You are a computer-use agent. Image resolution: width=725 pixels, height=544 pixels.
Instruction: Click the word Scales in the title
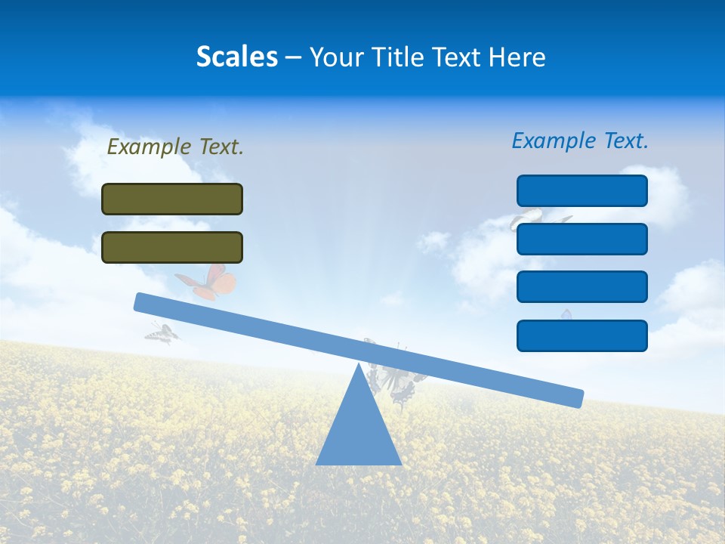pyautogui.click(x=236, y=57)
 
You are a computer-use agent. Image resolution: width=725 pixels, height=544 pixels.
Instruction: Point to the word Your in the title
pyautogui.click(x=337, y=57)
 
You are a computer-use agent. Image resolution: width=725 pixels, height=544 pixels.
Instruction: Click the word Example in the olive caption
pyautogui.click(x=149, y=147)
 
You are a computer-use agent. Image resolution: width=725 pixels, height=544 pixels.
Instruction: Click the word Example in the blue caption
pyautogui.click(x=554, y=141)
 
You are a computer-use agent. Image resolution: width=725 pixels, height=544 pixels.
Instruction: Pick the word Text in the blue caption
pyautogui.click(x=625, y=141)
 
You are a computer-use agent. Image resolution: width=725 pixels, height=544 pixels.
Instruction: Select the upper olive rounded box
pyautogui.click(x=172, y=199)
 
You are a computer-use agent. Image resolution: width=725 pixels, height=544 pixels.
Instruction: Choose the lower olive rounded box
pyautogui.click(x=172, y=247)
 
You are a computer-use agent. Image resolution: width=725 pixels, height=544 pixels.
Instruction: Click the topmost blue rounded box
pyautogui.click(x=582, y=190)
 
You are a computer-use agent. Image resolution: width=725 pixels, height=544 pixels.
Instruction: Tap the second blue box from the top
pyautogui.click(x=582, y=239)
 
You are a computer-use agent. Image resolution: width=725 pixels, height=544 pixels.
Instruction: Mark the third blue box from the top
pyautogui.click(x=582, y=286)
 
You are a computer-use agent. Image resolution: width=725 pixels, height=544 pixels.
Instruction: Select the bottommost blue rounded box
pyautogui.click(x=582, y=335)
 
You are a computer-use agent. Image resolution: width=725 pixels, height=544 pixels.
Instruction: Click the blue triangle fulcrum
pyautogui.click(x=358, y=431)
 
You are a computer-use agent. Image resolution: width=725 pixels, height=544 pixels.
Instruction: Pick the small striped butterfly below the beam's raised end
pyautogui.click(x=162, y=332)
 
